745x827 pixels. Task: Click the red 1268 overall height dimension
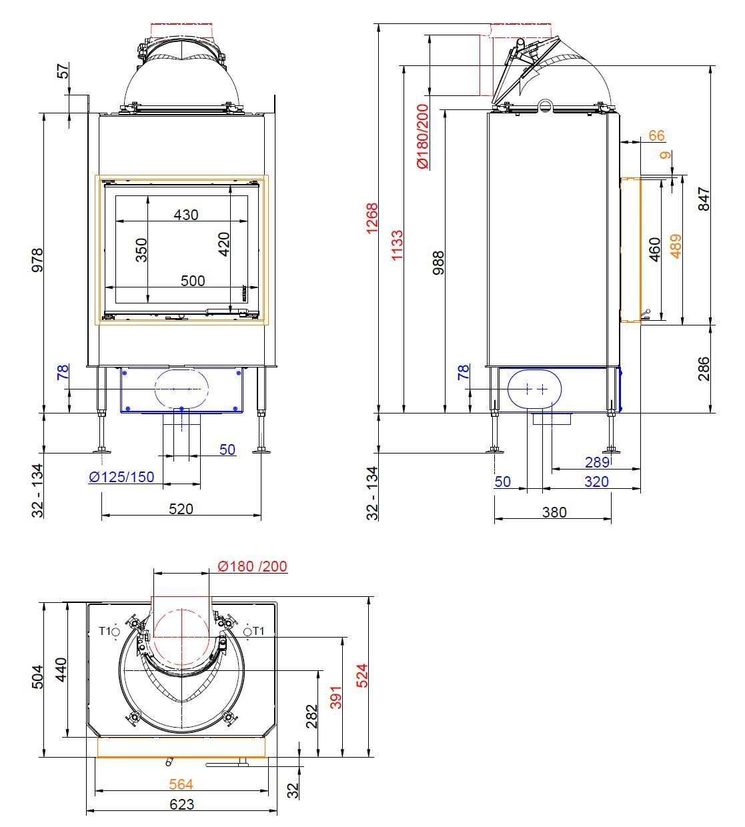coord(371,218)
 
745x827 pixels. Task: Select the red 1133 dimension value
coord(397,245)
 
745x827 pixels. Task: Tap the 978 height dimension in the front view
coord(37,259)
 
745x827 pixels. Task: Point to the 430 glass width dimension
coord(186,215)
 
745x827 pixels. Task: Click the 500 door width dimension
coord(193,281)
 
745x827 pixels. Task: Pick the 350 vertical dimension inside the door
coord(141,250)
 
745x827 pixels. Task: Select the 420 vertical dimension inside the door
coord(223,244)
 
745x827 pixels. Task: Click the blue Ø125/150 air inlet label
coord(121,477)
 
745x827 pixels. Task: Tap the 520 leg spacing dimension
coord(181,509)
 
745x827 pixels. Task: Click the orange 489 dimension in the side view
coord(676,246)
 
